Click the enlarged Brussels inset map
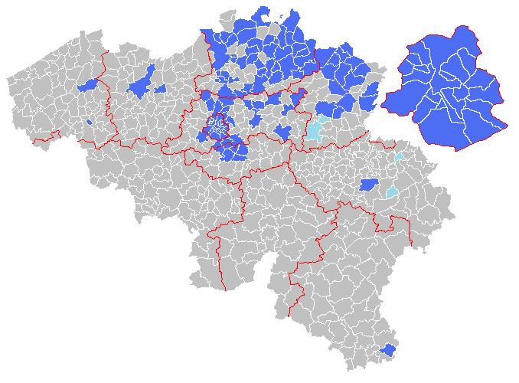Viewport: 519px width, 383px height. tap(444, 88)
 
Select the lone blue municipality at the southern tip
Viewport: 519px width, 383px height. tap(388, 350)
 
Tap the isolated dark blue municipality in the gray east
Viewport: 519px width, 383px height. tap(369, 185)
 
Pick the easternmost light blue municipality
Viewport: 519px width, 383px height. tap(399, 156)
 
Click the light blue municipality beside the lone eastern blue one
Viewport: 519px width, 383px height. tap(392, 191)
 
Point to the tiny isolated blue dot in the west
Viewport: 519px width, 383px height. tap(90, 121)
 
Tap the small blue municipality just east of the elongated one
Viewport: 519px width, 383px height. tap(161, 90)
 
